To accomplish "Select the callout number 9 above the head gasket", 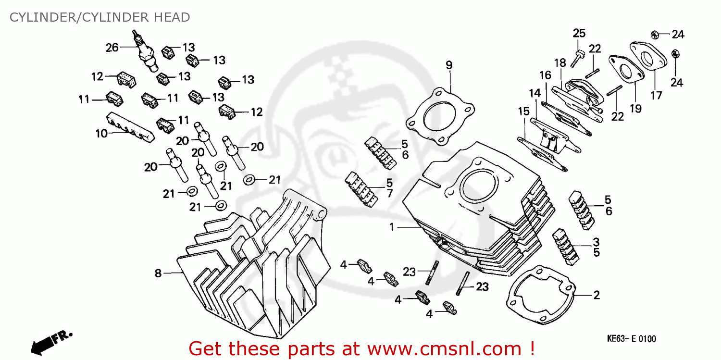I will click(x=448, y=65).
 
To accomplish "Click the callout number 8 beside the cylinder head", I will click(x=158, y=273).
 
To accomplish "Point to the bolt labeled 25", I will click(x=576, y=58).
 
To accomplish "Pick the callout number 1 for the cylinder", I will click(x=392, y=227).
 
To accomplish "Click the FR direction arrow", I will click(x=50, y=340).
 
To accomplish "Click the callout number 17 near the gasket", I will click(x=656, y=95).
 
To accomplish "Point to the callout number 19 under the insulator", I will click(x=635, y=109).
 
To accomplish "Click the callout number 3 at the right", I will click(x=596, y=241).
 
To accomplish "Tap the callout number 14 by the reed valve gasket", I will click(x=535, y=92).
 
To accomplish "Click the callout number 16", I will click(x=545, y=75).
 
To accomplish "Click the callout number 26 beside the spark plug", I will click(x=112, y=47).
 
